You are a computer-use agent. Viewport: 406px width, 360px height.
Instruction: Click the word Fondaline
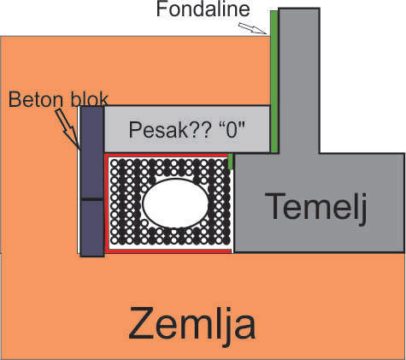[x=203, y=9]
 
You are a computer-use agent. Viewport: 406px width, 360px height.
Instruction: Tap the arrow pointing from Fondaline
[x=252, y=28]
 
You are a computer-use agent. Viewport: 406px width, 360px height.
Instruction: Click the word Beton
[x=36, y=99]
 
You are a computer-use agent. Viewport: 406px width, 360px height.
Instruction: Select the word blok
[x=89, y=99]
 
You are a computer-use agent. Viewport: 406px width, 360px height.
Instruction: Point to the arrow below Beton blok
[x=68, y=129]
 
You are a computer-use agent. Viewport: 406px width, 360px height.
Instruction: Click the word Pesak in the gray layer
[x=157, y=130]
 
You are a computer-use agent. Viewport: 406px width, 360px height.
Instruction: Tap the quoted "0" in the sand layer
[x=232, y=130]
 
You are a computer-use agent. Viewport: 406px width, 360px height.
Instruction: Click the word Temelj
[x=316, y=207]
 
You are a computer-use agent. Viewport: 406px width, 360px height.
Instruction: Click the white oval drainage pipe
[x=176, y=204]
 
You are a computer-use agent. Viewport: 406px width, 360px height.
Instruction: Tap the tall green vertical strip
[x=274, y=81]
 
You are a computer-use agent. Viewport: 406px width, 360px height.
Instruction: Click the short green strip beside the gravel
[x=231, y=162]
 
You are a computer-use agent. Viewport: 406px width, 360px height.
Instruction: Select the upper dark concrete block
[x=92, y=152]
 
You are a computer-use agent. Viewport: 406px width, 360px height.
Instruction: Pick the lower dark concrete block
[x=92, y=228]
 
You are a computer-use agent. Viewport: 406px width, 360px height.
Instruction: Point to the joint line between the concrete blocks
[x=92, y=199]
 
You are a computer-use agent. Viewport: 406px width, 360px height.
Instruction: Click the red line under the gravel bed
[x=168, y=251]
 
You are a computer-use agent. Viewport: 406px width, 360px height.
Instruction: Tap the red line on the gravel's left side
[x=107, y=204]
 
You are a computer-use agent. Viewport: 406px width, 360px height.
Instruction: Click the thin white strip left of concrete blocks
[x=79, y=180]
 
